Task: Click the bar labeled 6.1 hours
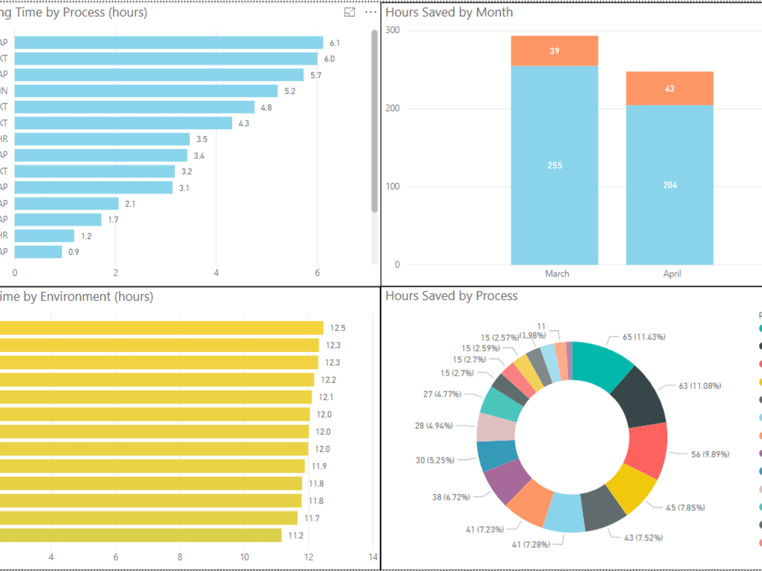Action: (x=168, y=43)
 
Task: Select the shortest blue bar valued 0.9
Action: (x=38, y=252)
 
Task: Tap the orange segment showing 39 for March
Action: (x=554, y=51)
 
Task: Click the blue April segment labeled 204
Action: (x=670, y=185)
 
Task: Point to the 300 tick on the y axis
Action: (x=393, y=30)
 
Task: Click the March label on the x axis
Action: (x=557, y=274)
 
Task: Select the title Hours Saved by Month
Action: (x=449, y=12)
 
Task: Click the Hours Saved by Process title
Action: (x=451, y=296)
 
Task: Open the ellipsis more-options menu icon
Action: (x=370, y=12)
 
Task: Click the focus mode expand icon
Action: (x=350, y=12)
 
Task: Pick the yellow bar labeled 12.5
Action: (x=161, y=328)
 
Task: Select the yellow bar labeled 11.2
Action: (x=140, y=535)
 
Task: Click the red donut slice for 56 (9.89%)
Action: (x=647, y=450)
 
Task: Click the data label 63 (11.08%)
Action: (x=699, y=386)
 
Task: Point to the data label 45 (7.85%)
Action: (x=685, y=508)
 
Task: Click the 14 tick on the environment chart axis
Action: (x=373, y=557)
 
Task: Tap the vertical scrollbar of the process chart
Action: (x=374, y=119)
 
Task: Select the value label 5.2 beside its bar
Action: (x=290, y=91)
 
